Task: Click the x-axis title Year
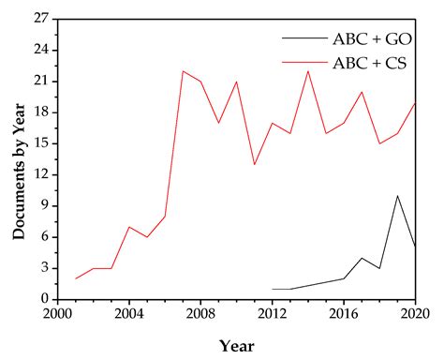click(236, 345)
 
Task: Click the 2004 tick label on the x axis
click(129, 314)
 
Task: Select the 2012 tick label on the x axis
click(272, 314)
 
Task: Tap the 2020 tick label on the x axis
click(413, 314)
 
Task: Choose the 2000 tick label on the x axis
click(58, 314)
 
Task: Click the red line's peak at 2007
click(183, 71)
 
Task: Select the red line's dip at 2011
click(254, 164)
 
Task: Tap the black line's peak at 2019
click(397, 196)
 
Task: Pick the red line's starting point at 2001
click(76, 278)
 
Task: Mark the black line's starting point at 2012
click(272, 289)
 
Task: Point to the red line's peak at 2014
click(307, 71)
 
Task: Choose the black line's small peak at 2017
click(362, 258)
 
